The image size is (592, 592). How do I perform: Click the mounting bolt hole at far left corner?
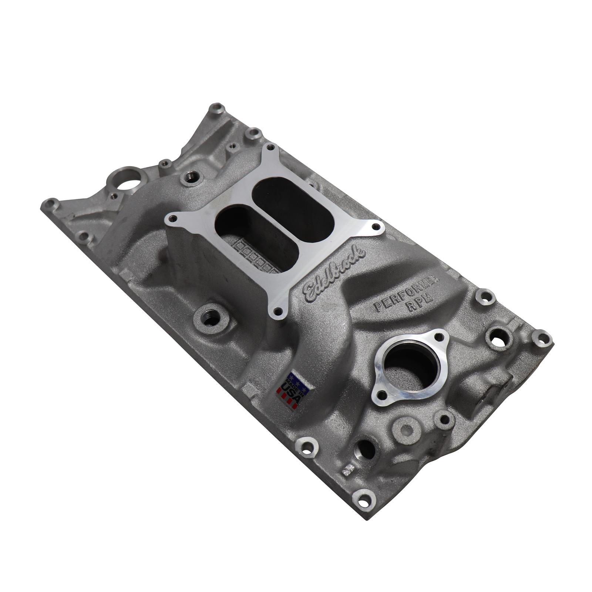coord(51,203)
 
